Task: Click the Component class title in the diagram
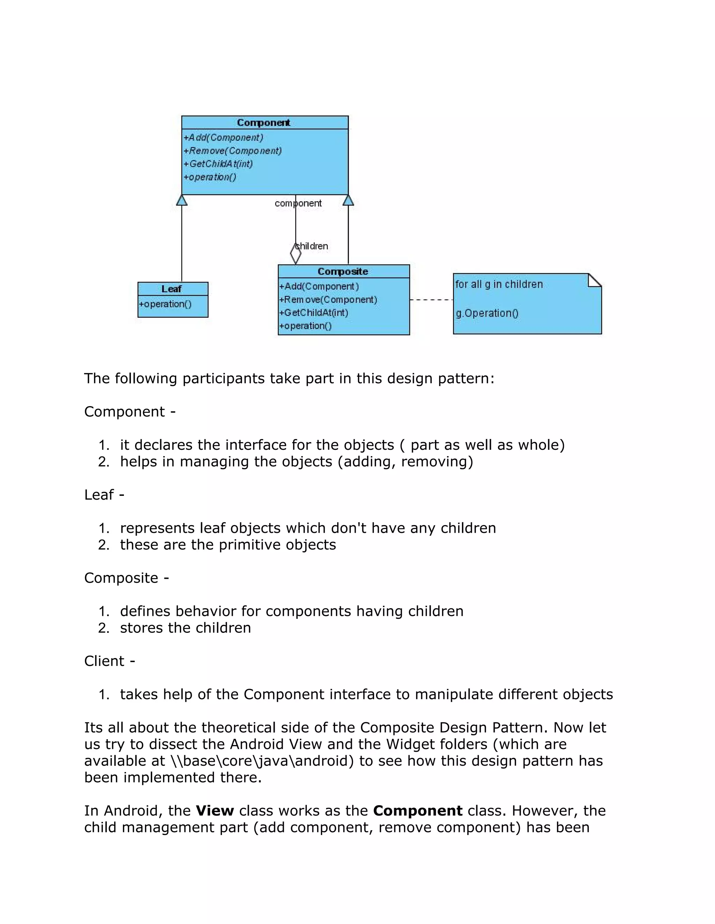(264, 123)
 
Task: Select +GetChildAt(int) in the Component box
(219, 164)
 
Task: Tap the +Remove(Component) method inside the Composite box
(328, 300)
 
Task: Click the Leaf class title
(171, 289)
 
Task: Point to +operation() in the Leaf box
(165, 304)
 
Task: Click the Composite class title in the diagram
(343, 271)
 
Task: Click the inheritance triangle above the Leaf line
(182, 200)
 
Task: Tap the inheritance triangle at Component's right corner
(348, 200)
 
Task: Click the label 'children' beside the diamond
(312, 246)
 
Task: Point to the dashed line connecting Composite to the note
(431, 300)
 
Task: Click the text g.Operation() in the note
(487, 313)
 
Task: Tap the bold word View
(215, 811)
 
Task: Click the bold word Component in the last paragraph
(418, 811)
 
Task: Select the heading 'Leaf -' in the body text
(104, 494)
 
